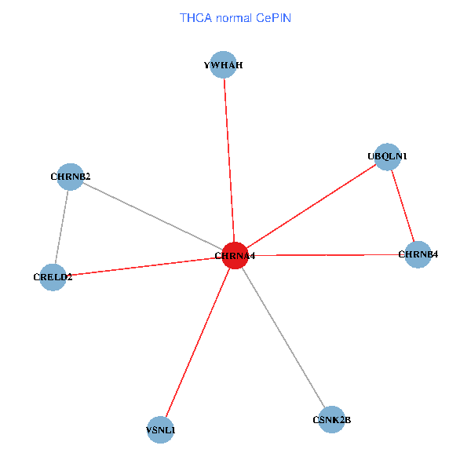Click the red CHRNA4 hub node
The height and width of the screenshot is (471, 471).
(235, 255)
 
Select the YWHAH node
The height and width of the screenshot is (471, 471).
(225, 65)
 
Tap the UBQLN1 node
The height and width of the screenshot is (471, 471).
(388, 156)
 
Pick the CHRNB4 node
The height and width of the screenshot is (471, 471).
(418, 254)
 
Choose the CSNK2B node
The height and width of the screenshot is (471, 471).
(332, 419)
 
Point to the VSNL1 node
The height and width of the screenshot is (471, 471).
(160, 429)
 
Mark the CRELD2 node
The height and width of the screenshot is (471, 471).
(53, 276)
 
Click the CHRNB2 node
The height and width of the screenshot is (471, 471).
(70, 177)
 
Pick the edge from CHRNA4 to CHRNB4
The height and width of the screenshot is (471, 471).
(330, 255)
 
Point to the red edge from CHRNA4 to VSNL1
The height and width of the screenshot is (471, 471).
(198, 341)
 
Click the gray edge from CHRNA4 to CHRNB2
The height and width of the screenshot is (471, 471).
(153, 216)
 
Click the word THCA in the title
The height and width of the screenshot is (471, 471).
(194, 17)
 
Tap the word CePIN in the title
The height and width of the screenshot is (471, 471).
(274, 17)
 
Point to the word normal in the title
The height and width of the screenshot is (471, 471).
(232, 17)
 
